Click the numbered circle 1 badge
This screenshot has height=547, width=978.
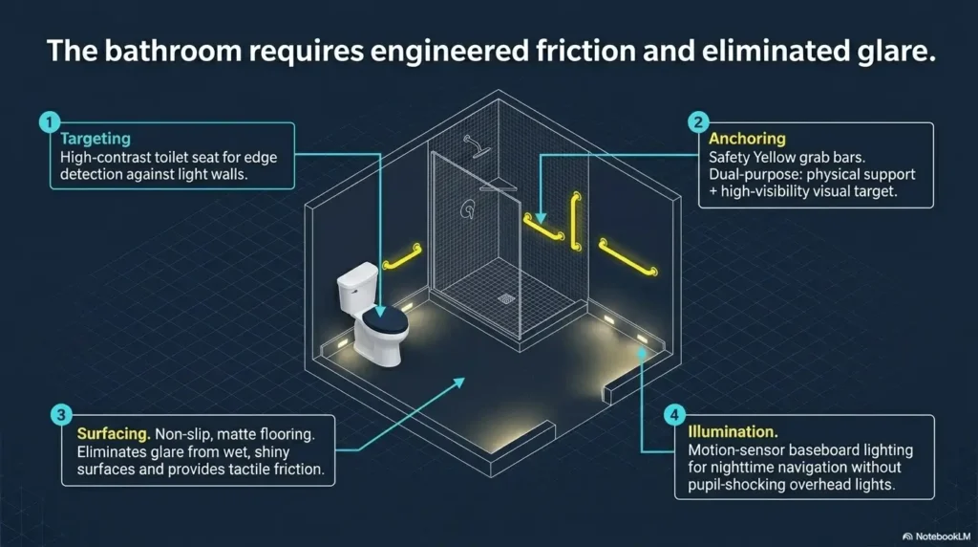point(50,121)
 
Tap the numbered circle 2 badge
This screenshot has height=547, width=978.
point(698,121)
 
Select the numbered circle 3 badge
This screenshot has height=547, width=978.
point(60,415)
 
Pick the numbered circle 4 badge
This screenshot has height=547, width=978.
point(674,415)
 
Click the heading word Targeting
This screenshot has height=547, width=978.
point(96,139)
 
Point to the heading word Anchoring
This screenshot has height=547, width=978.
point(747,139)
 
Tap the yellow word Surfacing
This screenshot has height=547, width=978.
point(114,434)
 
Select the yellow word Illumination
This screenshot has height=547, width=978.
point(733,431)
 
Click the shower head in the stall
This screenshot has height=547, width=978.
point(477,146)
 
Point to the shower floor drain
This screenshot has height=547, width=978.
point(506,299)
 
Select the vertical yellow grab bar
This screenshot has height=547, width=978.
point(576,222)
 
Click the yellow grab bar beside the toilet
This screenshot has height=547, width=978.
point(402,256)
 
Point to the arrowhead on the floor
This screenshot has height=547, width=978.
point(459,382)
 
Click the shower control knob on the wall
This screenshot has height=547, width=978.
point(467,209)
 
